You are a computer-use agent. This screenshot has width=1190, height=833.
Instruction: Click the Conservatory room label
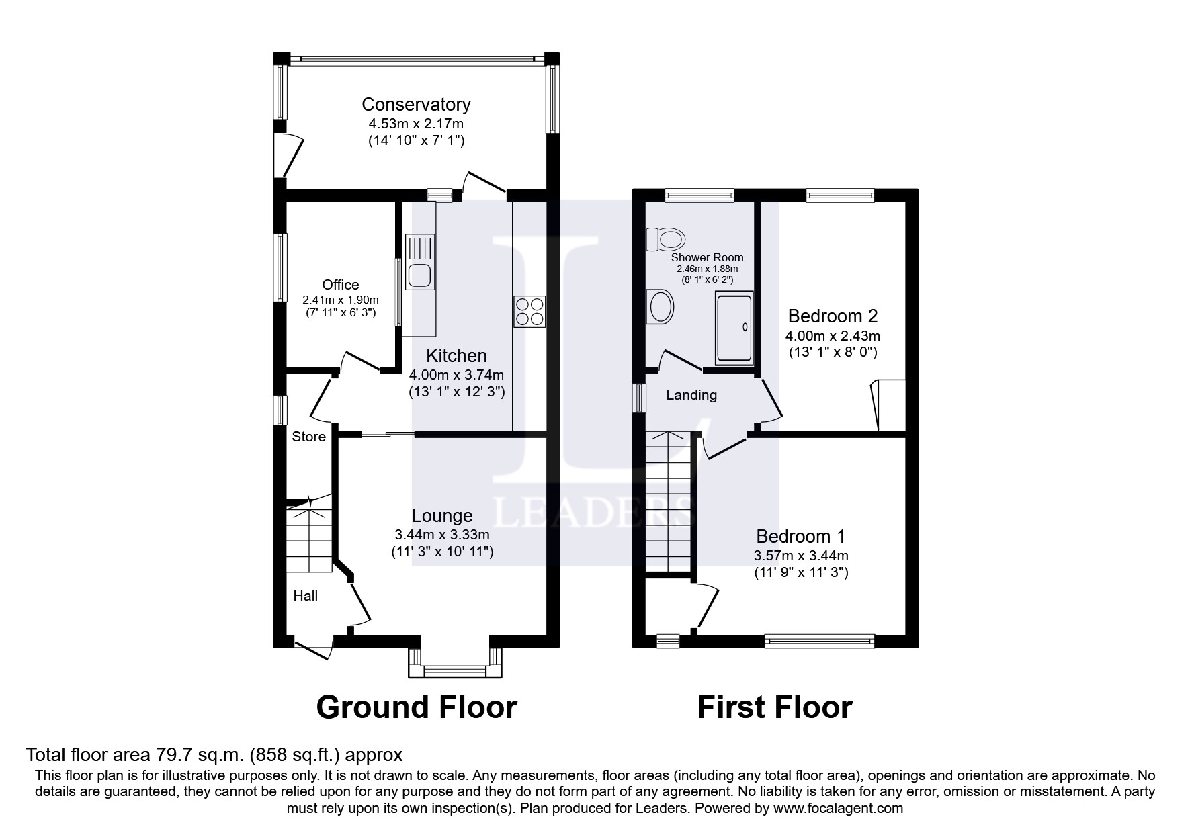pyautogui.click(x=416, y=105)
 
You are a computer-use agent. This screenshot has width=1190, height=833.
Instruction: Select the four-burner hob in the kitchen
pyautogui.click(x=529, y=312)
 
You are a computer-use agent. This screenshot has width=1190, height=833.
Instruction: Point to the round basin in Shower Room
pyautogui.click(x=660, y=308)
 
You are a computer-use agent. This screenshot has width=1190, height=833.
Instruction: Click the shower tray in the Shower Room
pyautogui.click(x=734, y=328)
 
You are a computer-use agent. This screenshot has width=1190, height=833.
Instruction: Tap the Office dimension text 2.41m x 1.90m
pyautogui.click(x=341, y=300)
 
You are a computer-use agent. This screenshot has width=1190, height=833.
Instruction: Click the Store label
pyautogui.click(x=308, y=437)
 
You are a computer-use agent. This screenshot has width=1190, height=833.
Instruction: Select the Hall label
pyautogui.click(x=305, y=596)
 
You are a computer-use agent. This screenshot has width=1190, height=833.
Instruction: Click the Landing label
pyautogui.click(x=691, y=395)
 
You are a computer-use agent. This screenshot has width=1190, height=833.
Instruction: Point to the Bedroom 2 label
pyautogui.click(x=833, y=316)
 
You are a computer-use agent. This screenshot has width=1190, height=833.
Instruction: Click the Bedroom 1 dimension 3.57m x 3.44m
pyautogui.click(x=801, y=556)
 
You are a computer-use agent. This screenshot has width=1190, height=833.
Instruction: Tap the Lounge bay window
pyautogui.click(x=455, y=670)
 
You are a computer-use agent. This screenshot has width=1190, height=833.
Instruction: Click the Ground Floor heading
pyautogui.click(x=416, y=707)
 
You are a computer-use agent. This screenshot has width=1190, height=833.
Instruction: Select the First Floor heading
pyautogui.click(x=774, y=707)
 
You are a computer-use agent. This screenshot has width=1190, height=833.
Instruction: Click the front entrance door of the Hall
pyautogui.click(x=314, y=648)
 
